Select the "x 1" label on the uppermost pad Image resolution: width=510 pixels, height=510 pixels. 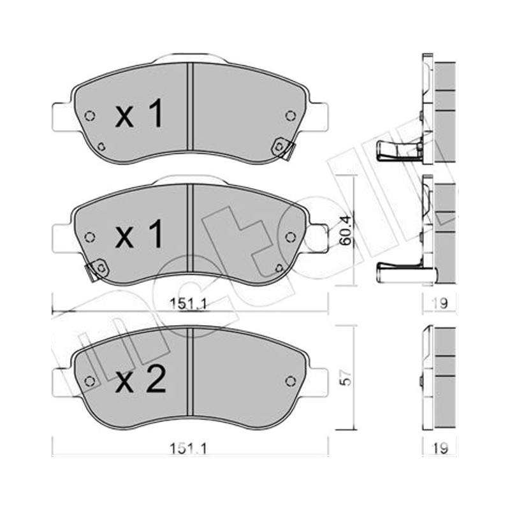coord(139,113)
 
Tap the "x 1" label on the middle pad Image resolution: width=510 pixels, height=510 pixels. coord(139,233)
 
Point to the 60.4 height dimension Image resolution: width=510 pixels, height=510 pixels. coord(345,230)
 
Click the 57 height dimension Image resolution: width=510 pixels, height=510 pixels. coord(346,377)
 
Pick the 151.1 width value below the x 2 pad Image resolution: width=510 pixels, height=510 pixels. coord(188,449)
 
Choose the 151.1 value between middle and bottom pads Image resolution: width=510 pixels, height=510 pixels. coord(188,304)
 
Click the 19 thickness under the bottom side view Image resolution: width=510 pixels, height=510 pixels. coord(440,449)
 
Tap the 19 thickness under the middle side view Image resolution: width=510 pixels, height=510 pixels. coord(440,303)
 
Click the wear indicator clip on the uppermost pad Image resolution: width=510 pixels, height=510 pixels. coord(283,149)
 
